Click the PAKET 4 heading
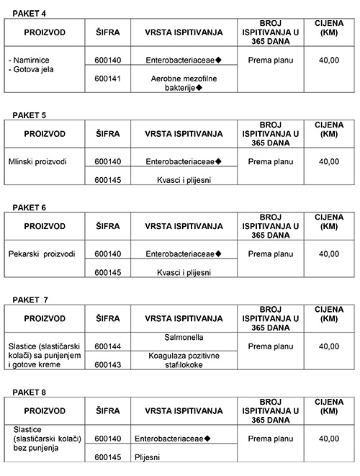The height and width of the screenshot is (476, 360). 21,13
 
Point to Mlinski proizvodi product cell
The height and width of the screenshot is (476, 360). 37,161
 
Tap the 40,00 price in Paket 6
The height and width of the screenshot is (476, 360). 328,253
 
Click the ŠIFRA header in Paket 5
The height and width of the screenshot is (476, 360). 107,134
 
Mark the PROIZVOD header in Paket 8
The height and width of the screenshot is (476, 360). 44,410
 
